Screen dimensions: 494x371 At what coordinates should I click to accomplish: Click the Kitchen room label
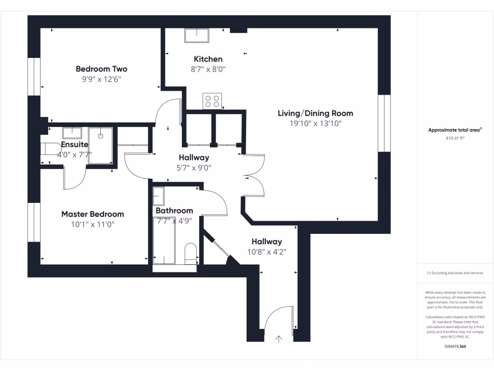click(208, 59)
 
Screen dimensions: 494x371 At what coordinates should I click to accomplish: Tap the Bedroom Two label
click(101, 69)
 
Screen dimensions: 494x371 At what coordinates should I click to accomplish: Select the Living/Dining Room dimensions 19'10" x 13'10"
click(316, 123)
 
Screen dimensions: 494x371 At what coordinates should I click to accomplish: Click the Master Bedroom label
click(93, 214)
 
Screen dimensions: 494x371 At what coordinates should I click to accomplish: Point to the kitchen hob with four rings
click(212, 101)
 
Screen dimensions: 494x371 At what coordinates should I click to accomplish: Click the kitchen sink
click(197, 35)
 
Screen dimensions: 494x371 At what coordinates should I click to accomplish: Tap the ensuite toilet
click(51, 149)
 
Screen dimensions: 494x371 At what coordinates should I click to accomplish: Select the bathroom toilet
click(191, 253)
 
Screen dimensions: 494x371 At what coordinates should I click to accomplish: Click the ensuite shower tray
click(100, 146)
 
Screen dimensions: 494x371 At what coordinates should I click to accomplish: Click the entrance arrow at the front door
click(278, 339)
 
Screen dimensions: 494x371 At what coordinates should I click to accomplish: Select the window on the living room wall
click(384, 123)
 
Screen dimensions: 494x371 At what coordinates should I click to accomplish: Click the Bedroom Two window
click(34, 76)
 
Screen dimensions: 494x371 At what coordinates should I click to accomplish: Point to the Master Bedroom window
click(34, 222)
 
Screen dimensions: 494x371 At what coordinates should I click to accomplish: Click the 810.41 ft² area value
click(455, 138)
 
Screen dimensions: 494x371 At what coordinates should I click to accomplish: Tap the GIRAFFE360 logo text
click(455, 346)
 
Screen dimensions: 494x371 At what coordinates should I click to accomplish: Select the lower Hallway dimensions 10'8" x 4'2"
click(267, 252)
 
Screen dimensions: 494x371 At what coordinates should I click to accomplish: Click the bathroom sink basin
click(158, 196)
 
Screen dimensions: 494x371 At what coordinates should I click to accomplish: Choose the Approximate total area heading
click(455, 129)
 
